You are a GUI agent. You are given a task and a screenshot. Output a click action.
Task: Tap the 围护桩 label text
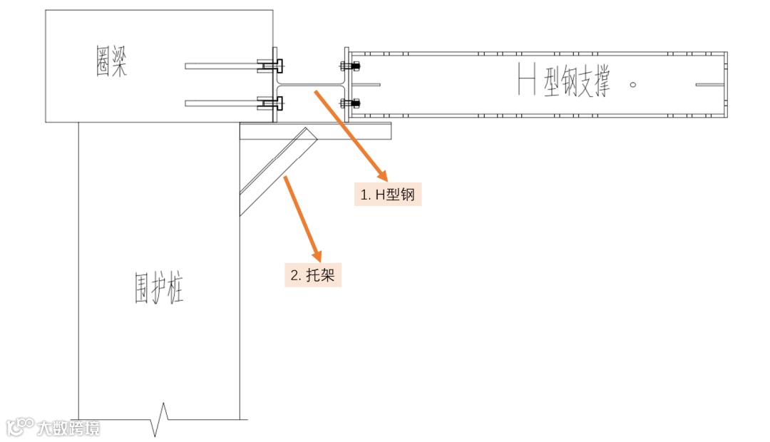pos(160,287)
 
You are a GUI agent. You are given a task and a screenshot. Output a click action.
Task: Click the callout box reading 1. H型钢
pos(388,194)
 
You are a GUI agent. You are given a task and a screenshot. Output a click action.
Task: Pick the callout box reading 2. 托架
pos(313,275)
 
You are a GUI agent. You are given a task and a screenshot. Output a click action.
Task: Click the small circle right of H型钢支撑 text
pos(634,84)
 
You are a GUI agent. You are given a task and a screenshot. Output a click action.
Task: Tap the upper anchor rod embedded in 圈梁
pos(221,66)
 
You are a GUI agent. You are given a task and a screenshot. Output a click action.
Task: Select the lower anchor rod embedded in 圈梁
pos(221,103)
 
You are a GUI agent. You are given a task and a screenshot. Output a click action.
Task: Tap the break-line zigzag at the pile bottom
pos(161,419)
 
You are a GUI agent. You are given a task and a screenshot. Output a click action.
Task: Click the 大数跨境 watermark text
pos(69,428)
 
